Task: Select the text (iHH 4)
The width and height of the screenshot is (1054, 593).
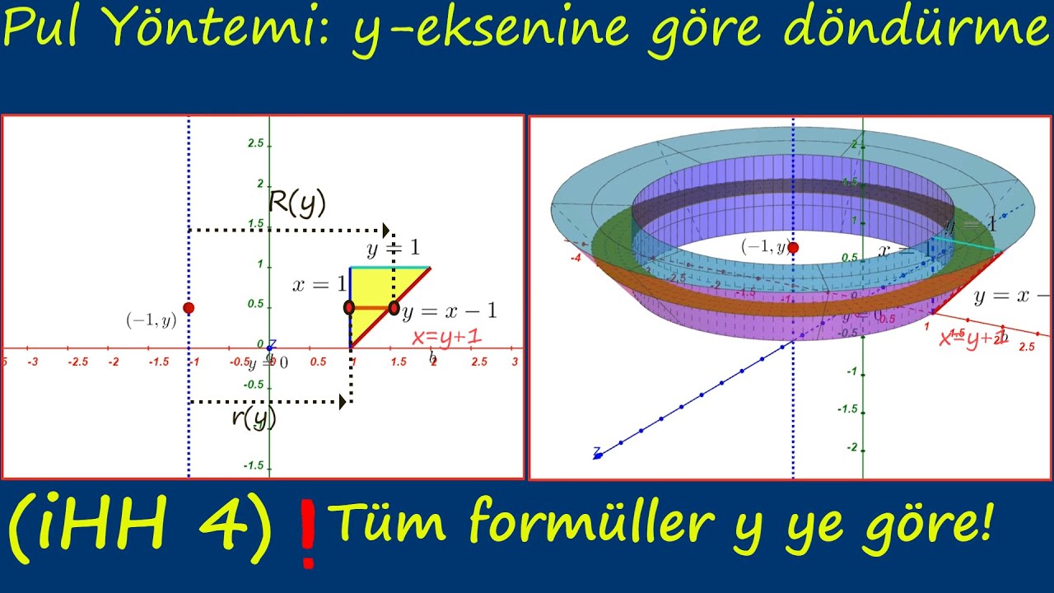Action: pyautogui.click(x=140, y=527)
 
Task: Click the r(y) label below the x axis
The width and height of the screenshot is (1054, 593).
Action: pyautogui.click(x=254, y=418)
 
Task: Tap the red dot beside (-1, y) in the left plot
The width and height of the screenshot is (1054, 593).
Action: pyautogui.click(x=189, y=308)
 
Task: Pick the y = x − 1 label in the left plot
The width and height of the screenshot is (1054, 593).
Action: pyautogui.click(x=449, y=311)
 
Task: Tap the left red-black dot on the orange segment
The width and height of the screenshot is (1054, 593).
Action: pyautogui.click(x=349, y=308)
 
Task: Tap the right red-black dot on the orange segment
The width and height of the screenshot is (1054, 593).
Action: pyautogui.click(x=394, y=308)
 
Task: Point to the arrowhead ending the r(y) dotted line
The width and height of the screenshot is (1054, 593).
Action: pyautogui.click(x=341, y=402)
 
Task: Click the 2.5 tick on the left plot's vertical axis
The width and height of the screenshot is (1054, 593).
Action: pyautogui.click(x=256, y=143)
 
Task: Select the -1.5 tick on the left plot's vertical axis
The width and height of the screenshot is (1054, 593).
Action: pyautogui.click(x=254, y=465)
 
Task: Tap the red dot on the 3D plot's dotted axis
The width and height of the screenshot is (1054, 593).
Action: pyautogui.click(x=793, y=247)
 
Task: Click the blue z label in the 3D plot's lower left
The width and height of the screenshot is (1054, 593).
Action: pyautogui.click(x=595, y=452)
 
